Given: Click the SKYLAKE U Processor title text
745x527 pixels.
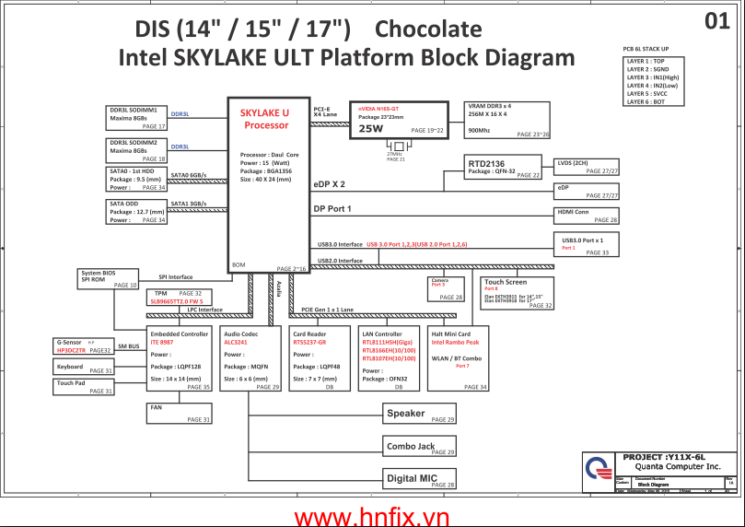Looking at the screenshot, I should click(x=264, y=119).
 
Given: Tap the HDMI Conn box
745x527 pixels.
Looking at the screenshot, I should click(x=587, y=215).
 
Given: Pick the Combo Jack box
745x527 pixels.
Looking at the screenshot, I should click(x=420, y=447).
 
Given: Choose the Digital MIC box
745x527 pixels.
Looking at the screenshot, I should click(x=420, y=478).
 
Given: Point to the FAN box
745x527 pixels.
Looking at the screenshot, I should click(x=179, y=413).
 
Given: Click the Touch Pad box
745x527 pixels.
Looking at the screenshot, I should click(x=84, y=387).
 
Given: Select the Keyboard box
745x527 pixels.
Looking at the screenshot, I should click(x=84, y=369).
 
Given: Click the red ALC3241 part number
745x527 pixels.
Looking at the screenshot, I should click(x=236, y=342).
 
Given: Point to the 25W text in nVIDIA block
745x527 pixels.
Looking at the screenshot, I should click(x=370, y=129).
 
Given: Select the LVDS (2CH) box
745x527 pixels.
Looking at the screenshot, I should click(x=587, y=167).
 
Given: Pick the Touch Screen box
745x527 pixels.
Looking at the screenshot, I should click(x=518, y=293).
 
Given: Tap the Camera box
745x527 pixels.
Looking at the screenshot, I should click(x=447, y=288).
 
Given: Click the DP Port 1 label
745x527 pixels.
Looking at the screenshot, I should click(x=332, y=209).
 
